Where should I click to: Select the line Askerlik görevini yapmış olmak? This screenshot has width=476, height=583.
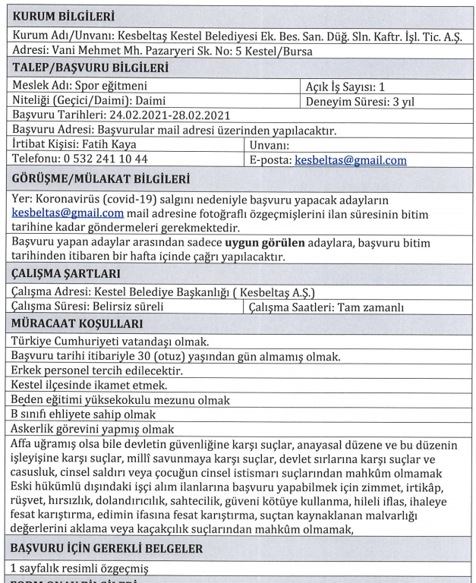[94, 429]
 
